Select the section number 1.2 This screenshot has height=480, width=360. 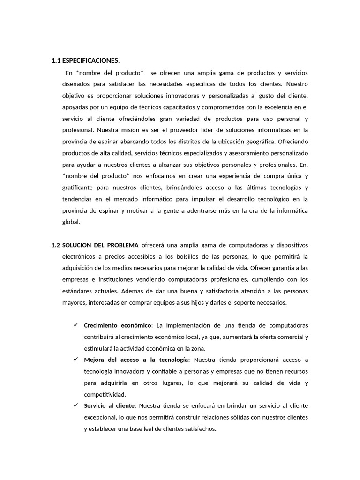(56, 245)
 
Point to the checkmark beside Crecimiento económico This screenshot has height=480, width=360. (76, 325)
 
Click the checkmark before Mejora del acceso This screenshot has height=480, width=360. (76, 359)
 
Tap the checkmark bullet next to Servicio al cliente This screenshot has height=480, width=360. (76, 405)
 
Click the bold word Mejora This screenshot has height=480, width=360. (94, 360)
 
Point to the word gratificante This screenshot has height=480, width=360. (80, 187)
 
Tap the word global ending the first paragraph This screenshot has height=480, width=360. (71, 222)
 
